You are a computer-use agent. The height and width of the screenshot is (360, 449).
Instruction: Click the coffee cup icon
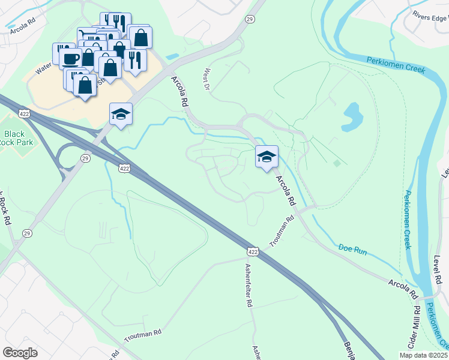tap(71, 59)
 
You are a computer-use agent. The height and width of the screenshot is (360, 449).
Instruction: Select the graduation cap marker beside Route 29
tap(120, 113)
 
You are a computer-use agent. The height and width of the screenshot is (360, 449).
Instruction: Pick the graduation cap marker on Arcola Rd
tap(267, 157)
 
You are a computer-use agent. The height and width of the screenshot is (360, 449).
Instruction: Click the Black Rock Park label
tap(14, 139)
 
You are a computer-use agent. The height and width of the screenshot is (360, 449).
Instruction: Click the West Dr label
tap(208, 79)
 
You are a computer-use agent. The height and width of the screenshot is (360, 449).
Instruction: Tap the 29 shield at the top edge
tap(250, 20)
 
